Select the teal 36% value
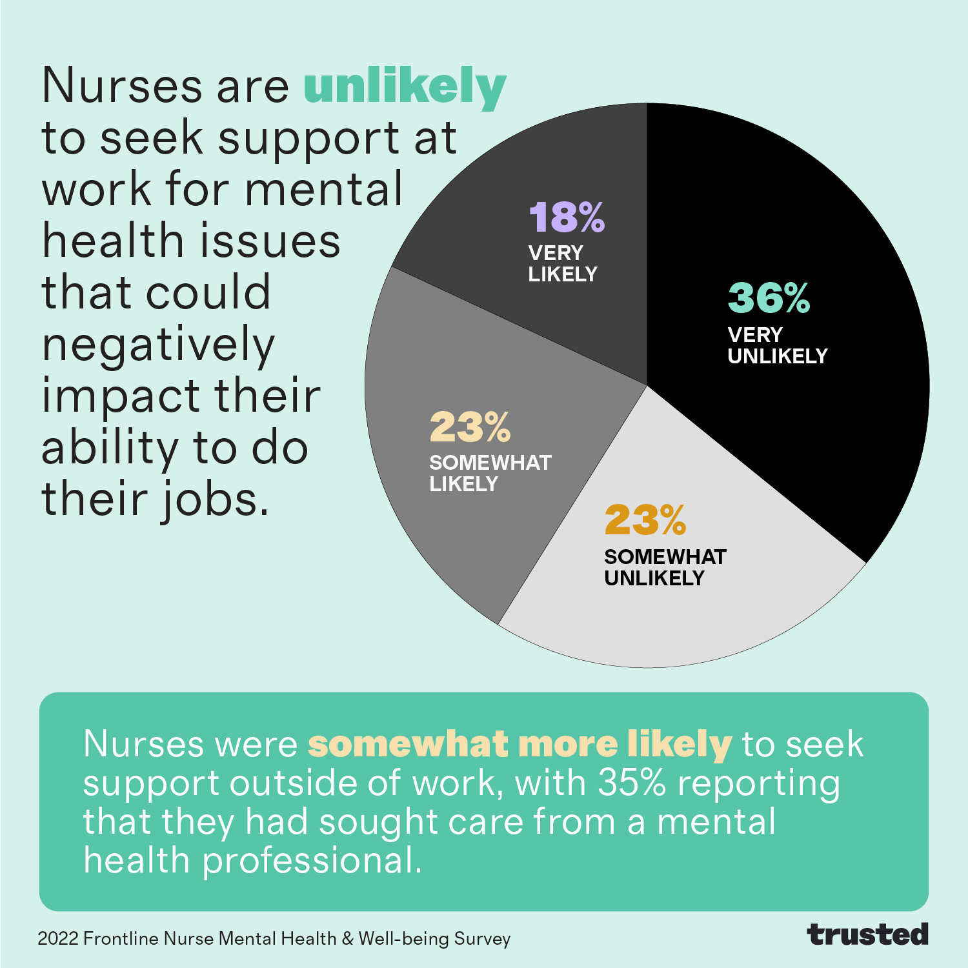(769, 298)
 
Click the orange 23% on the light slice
(645, 520)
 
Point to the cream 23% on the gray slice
(470, 427)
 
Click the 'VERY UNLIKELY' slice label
(777, 346)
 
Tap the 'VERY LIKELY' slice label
(563, 263)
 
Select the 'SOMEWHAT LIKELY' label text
(490, 473)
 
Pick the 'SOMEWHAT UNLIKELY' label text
(665, 567)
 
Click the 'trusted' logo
(867, 934)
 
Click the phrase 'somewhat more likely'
(519, 744)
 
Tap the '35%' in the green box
(632, 783)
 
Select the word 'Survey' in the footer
(482, 938)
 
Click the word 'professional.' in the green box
(312, 861)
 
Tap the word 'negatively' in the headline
(159, 346)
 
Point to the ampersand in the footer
(348, 938)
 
